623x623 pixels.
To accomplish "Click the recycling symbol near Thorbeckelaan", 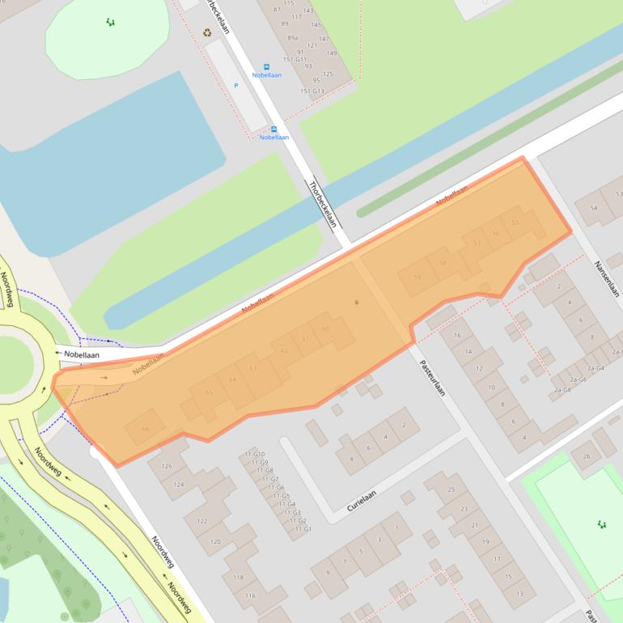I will point(207,32).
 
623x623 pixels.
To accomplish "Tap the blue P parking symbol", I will point(236,85).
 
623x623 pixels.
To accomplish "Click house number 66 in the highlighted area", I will point(146,428).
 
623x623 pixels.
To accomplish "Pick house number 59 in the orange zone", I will point(417,278).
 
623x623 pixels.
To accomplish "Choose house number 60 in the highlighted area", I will point(325,328).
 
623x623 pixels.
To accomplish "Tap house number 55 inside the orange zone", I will point(515,222).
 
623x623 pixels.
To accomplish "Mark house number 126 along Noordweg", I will point(167,466).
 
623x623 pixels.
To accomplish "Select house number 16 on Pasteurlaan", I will point(457,335).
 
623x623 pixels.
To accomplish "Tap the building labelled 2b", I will point(586,456).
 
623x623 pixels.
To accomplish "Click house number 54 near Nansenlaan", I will point(594,209).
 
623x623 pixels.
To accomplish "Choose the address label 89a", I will point(292,37).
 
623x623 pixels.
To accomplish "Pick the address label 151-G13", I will point(311,91).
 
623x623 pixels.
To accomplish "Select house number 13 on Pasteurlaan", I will point(519,594).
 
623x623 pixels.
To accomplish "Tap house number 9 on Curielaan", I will point(328,573).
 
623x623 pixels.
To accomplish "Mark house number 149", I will point(331,53).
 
